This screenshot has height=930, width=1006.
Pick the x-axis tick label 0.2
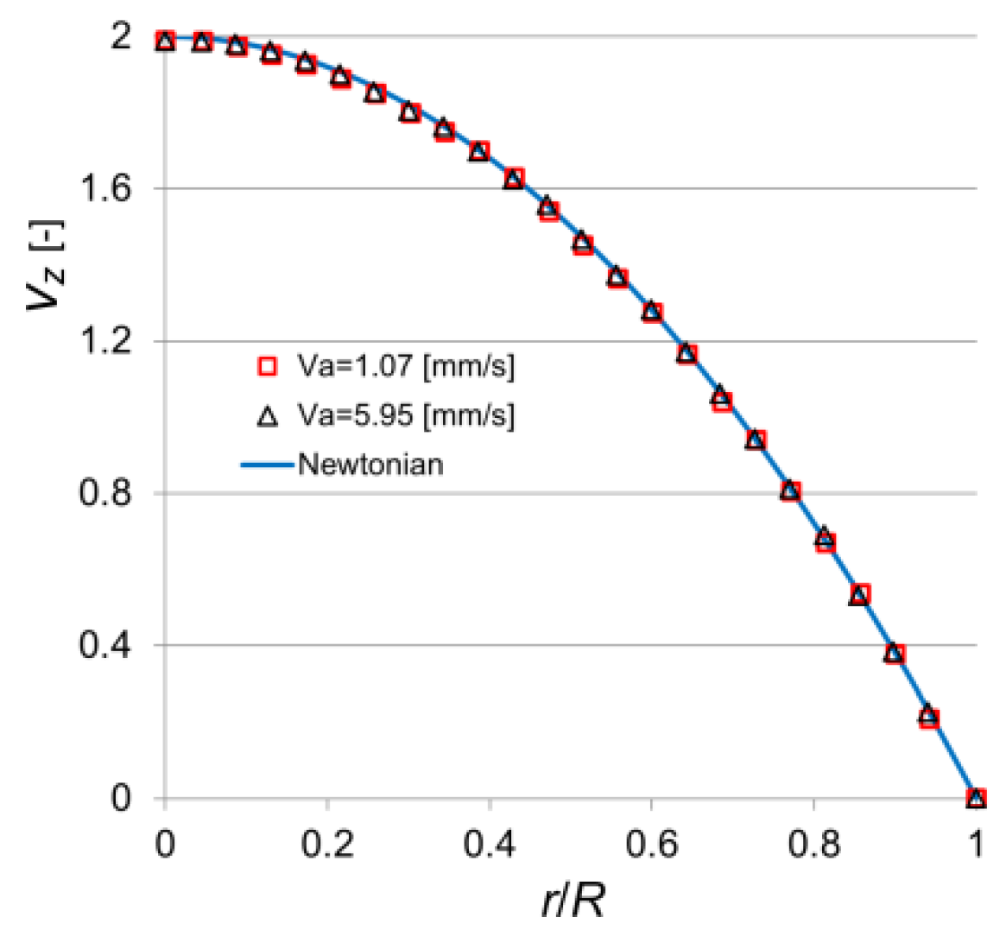tap(327, 844)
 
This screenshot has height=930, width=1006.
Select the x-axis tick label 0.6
tap(652, 844)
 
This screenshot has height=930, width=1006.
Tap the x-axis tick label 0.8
tap(814, 844)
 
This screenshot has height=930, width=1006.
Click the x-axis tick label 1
tap(976, 844)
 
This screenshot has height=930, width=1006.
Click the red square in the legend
tap(268, 367)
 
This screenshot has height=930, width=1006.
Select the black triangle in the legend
tap(268, 417)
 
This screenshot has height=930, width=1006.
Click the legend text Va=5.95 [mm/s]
tap(406, 416)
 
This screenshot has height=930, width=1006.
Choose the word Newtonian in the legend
tap(370, 465)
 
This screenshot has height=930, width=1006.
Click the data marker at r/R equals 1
tap(976, 798)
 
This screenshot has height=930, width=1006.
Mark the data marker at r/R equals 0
tap(165, 41)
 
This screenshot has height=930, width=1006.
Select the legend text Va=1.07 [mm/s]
tap(406, 367)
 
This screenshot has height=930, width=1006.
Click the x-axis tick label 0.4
tap(490, 844)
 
